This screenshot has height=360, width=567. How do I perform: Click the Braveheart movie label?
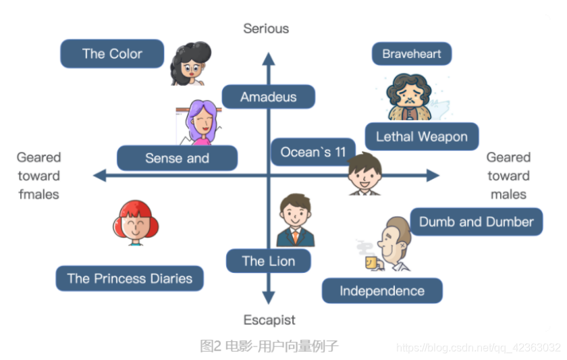(x=411, y=54)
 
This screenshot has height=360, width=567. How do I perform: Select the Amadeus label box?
(x=268, y=97)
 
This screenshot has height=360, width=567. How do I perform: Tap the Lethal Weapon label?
(x=421, y=136)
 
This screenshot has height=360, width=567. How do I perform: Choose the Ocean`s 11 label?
(x=313, y=152)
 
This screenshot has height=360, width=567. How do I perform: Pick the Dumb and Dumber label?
(x=476, y=222)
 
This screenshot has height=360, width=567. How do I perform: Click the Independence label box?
(x=381, y=291)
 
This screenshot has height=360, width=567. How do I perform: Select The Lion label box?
(x=268, y=261)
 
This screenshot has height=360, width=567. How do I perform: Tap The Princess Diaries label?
(x=130, y=278)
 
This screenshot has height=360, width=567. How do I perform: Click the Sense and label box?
(x=177, y=158)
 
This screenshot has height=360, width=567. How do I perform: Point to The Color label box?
(x=112, y=54)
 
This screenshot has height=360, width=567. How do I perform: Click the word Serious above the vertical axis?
(x=266, y=28)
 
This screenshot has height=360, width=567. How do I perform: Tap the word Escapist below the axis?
(x=269, y=319)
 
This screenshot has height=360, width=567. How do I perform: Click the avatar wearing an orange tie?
(x=296, y=221)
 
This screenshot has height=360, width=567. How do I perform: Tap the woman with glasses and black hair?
(x=190, y=63)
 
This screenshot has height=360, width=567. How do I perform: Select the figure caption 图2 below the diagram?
(x=269, y=346)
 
